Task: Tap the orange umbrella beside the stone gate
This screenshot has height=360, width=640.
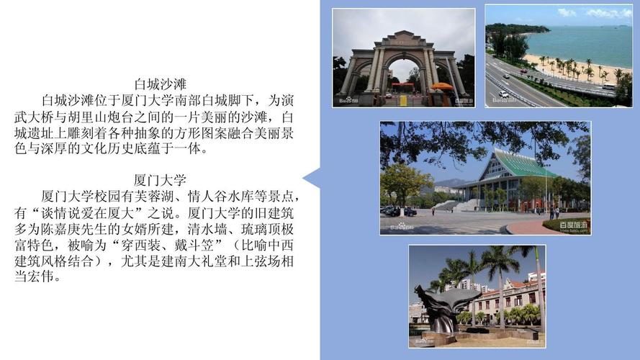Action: [x=441, y=86]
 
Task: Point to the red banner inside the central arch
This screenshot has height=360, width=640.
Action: [x=403, y=84]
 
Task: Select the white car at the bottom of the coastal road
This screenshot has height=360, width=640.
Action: [x=503, y=94]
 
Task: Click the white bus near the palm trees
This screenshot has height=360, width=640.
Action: [x=608, y=86]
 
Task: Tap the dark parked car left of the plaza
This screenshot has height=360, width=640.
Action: [x=392, y=211]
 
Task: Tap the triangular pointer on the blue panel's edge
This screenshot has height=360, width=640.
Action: [x=311, y=178]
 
